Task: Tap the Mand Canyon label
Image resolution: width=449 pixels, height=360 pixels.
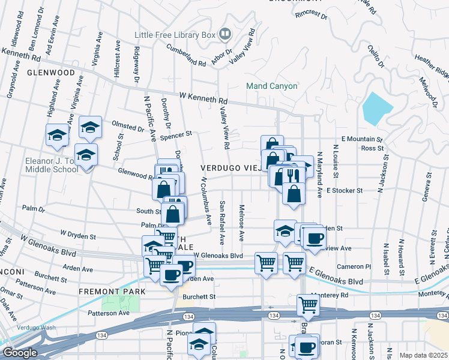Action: pos(272,86)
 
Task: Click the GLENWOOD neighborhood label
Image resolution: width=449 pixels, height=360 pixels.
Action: pos(50,73)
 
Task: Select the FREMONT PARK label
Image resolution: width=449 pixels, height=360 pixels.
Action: pos(112,291)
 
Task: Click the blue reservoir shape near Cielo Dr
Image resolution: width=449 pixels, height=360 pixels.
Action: pos(377,109)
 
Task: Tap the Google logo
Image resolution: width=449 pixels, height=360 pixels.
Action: pos(19,352)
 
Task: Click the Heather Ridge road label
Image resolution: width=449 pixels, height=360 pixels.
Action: pos(432,66)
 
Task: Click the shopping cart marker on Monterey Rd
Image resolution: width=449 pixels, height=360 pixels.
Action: pos(308,304)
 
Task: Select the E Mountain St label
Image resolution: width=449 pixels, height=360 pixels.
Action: pos(362,139)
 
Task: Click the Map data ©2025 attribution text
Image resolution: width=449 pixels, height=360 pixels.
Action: pos(423,355)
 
